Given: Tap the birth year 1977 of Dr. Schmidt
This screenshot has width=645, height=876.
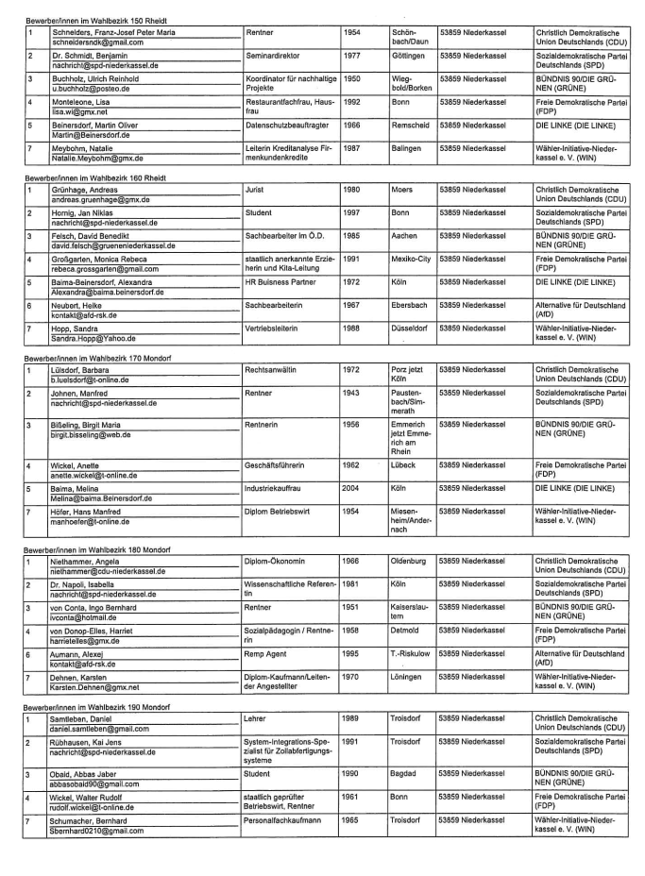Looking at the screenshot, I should tap(351, 56).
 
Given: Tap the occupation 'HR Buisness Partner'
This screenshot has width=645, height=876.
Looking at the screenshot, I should tap(283, 281).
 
